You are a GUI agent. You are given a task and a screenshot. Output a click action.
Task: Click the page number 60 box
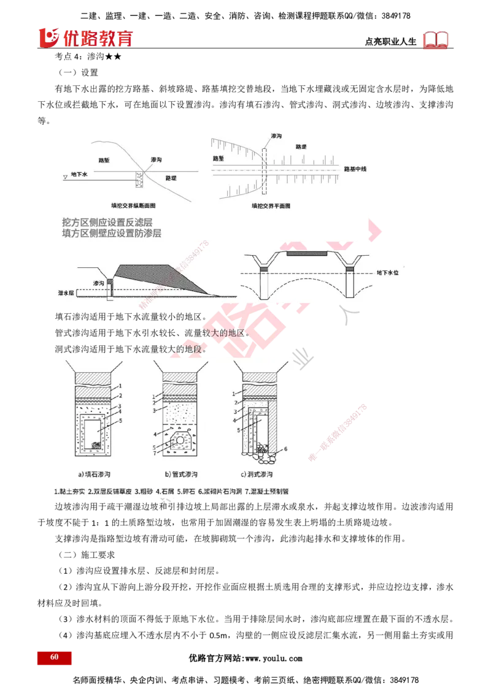coord(55,657)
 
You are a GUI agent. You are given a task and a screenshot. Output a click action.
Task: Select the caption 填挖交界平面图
coord(271,206)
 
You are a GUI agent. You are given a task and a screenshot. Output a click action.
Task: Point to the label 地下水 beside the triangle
coord(80,175)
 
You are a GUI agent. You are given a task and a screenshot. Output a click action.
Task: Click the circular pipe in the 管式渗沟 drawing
coord(181,440)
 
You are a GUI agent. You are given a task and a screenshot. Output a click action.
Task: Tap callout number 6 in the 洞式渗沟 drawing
coord(285,449)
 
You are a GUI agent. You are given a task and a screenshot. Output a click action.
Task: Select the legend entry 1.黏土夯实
coord(69,491)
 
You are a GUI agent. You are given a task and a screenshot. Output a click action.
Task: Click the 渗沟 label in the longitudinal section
coord(156,159)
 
